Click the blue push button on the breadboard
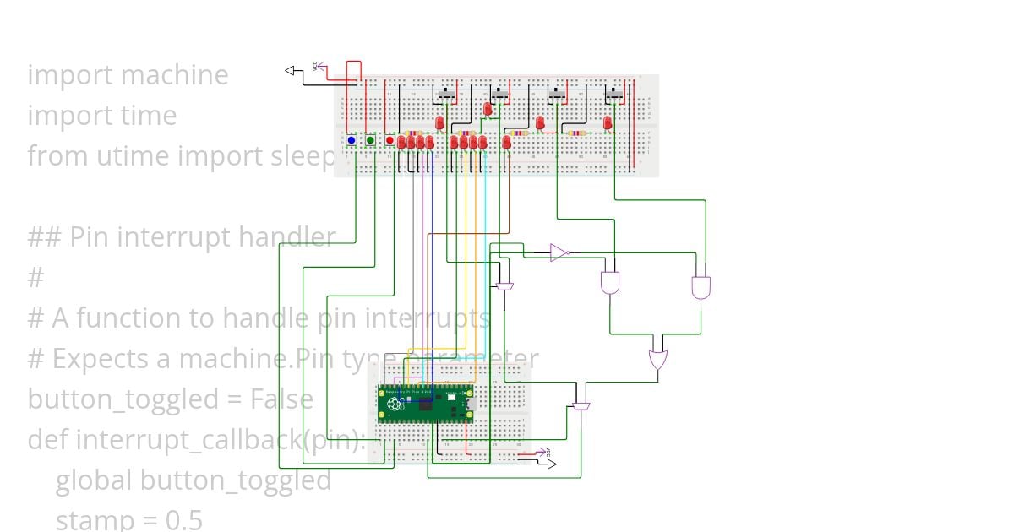coord(352,140)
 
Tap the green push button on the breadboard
coord(370,140)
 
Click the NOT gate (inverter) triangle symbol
coord(559,252)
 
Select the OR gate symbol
coord(657,360)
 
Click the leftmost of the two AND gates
coord(609,283)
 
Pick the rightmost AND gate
coord(701,287)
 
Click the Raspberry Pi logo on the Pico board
coord(395,404)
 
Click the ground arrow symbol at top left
coord(293,71)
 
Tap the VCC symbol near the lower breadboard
coord(548,453)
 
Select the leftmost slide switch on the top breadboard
coord(446,94)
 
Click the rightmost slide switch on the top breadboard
coord(616,94)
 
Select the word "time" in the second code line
coord(148,116)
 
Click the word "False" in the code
coord(281,399)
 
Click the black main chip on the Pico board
coord(428,405)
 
